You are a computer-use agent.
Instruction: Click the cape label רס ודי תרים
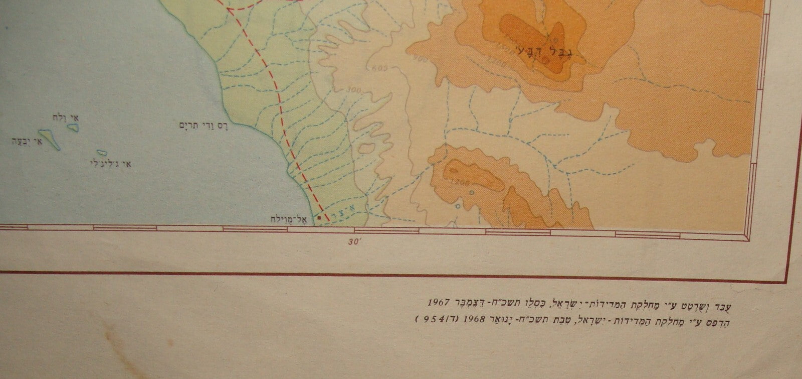(x=197, y=125)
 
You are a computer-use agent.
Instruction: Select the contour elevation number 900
(x=421, y=59)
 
